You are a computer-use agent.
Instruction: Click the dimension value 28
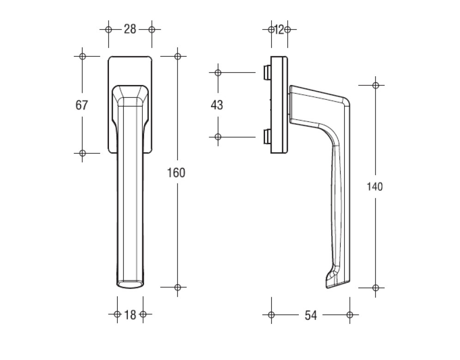[130, 30]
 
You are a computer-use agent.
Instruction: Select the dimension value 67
[82, 105]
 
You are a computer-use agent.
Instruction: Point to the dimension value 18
[130, 315]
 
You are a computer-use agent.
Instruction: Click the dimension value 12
[279, 30]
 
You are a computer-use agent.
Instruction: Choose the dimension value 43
[217, 105]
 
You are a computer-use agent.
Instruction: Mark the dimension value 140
[375, 187]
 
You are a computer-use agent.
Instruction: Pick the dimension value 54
[311, 315]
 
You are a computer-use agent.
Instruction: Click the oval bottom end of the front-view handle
[130, 284]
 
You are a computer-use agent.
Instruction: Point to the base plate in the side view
[279, 104]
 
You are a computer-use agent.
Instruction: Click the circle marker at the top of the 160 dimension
[178, 56]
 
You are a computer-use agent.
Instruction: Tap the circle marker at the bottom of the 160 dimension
[178, 287]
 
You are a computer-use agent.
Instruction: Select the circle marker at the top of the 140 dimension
[375, 85]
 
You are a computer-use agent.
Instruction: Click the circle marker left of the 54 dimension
[271, 315]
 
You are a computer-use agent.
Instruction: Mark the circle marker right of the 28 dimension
[151, 30]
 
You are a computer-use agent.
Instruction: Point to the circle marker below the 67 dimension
[82, 153]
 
